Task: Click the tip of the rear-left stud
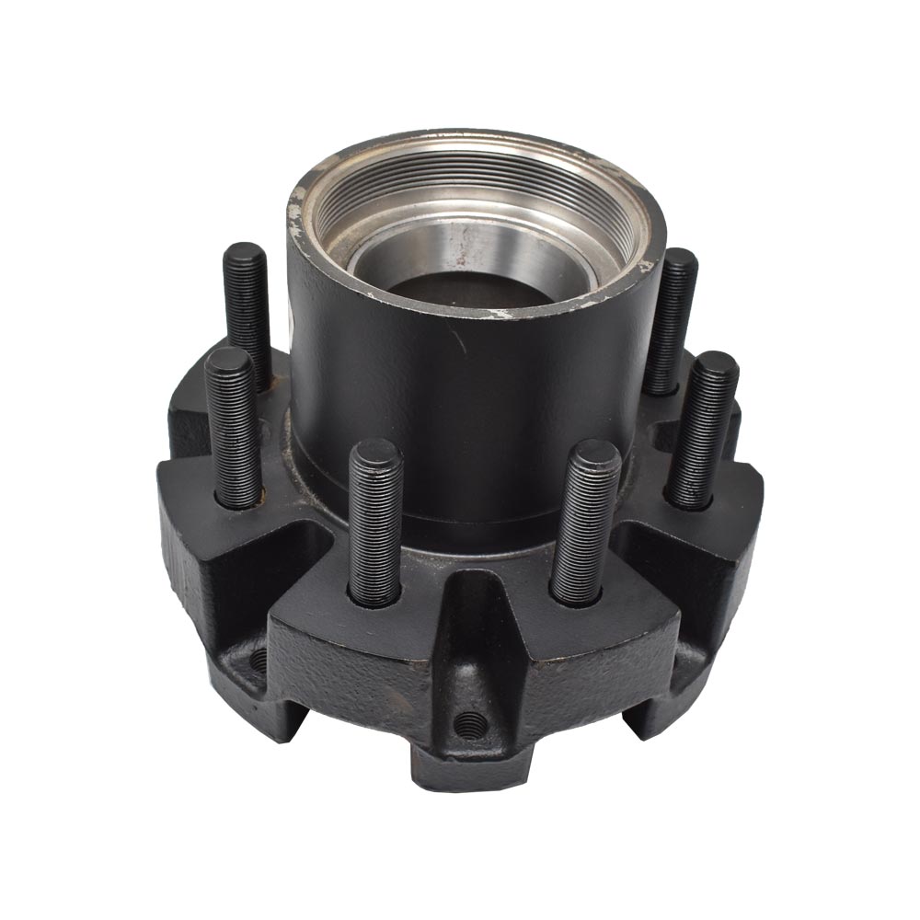[x=245, y=254]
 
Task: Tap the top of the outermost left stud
[x=227, y=359]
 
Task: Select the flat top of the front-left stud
[x=375, y=452]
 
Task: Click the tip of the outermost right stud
[x=715, y=364]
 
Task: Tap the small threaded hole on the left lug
[x=259, y=658]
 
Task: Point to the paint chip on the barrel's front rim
[x=501, y=313]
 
